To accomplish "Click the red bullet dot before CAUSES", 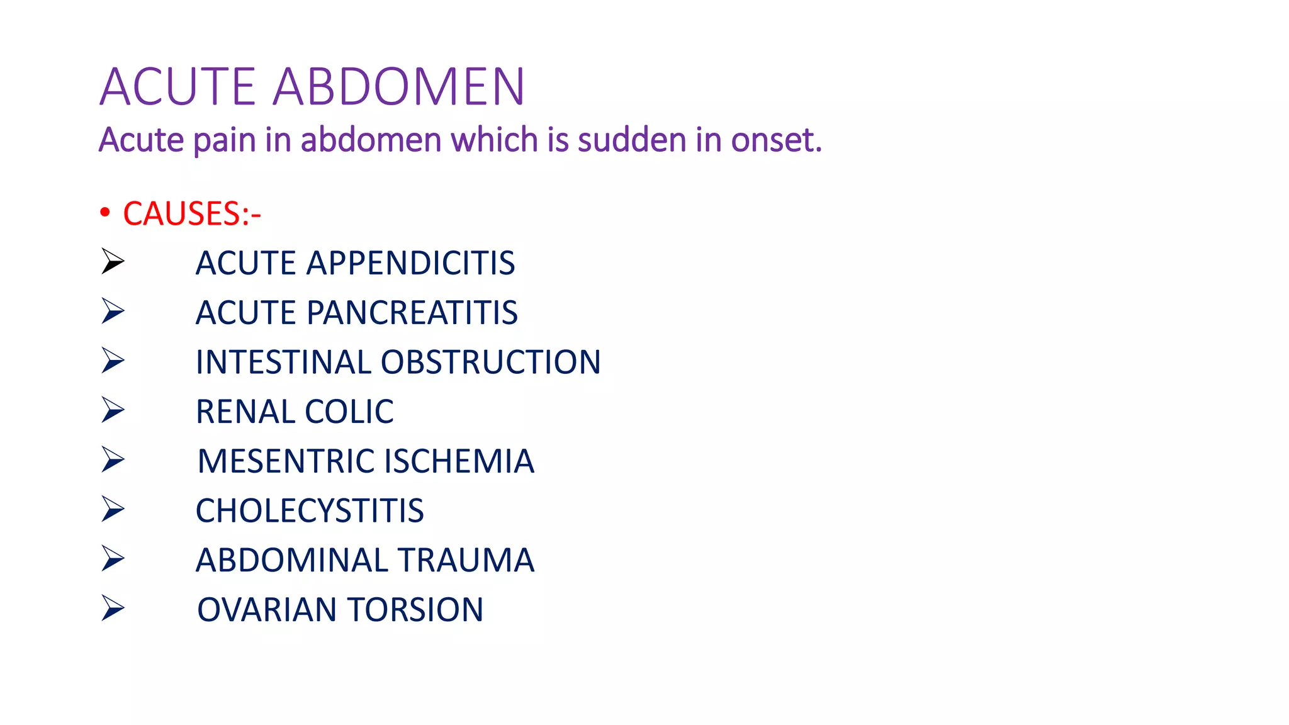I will coord(105,213).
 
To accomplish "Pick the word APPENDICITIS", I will coord(410,263).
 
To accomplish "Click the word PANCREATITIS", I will coord(412,313).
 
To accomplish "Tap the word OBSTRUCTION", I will coord(490,362).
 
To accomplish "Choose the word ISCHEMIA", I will coord(459,461).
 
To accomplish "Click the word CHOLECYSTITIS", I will coord(310,510).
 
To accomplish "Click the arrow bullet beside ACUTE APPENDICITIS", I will coord(113,261).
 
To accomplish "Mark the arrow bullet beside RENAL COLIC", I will coord(113,410).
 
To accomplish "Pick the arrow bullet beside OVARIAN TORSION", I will coord(113,608).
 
